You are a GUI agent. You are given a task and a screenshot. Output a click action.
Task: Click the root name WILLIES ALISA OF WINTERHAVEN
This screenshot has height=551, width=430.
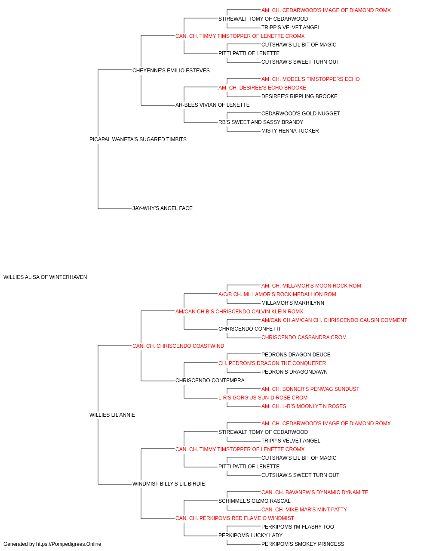tap(45, 277)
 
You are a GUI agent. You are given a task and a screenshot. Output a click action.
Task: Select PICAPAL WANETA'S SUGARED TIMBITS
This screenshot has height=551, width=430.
tap(138, 139)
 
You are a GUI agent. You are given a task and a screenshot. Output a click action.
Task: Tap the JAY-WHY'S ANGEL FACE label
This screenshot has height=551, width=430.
tap(163, 208)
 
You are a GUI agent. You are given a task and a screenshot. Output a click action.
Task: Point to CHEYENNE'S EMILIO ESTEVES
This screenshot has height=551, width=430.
tap(171, 71)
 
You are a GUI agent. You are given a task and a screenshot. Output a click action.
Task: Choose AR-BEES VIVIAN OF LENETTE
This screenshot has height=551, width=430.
tap(212, 105)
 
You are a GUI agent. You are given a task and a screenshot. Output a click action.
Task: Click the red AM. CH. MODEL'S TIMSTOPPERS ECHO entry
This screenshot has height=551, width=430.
tap(310, 79)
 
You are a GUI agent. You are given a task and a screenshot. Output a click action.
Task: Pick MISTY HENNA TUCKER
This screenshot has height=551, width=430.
tap(290, 131)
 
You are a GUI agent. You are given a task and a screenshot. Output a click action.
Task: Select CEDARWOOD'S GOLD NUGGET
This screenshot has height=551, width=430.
tap(301, 114)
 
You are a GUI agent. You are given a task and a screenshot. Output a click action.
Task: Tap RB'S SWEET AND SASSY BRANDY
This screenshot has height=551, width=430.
tap(261, 122)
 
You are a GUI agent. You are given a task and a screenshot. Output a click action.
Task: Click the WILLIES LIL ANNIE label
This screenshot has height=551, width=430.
tap(112, 415)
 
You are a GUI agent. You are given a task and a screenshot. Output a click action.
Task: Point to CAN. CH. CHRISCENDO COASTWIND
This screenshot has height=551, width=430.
tap(178, 346)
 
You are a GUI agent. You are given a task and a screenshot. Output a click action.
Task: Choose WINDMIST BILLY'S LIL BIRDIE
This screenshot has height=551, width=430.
tap(169, 484)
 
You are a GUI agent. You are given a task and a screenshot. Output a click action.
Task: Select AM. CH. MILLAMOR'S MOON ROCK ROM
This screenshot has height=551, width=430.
tap(311, 286)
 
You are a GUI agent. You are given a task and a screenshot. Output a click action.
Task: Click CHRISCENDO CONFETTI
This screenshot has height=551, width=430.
tap(249, 329)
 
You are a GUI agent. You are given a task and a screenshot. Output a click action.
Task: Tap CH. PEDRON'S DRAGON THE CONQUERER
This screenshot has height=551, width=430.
tap(272, 363)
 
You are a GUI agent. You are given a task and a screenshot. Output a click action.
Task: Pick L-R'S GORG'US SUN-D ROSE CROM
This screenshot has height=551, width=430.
tap(263, 398)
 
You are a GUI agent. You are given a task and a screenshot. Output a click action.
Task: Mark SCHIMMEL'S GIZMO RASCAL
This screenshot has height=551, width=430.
tap(254, 501)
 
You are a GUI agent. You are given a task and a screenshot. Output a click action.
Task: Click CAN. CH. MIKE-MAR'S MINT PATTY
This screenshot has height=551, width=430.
tap(304, 510)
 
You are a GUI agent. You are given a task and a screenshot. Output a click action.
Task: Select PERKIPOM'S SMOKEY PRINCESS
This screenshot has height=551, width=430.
tap(303, 544)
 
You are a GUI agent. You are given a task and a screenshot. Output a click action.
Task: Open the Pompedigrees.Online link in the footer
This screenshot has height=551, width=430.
tap(69, 544)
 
